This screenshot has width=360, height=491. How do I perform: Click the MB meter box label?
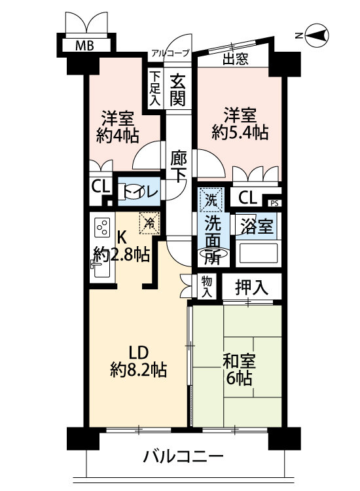coord(84,46)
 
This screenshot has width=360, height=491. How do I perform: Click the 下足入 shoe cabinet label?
coord(154,88)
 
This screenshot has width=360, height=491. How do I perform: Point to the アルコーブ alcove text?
coord(171,52)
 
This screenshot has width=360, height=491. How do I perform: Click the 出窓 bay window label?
coord(236,58)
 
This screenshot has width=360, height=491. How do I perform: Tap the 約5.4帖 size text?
coord(240,132)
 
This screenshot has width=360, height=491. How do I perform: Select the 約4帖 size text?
coord(117,136)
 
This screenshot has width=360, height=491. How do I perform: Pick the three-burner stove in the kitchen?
coord(102,227)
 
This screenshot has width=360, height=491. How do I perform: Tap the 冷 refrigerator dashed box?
coord(149,223)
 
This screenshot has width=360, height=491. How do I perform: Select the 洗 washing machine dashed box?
coord(211,199)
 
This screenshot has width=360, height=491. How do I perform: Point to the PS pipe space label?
coord(274,204)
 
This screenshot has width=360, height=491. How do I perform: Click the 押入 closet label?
coord(252,287)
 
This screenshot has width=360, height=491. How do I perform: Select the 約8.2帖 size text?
coord(138,370)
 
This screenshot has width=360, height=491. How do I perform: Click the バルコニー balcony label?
coord(183,456)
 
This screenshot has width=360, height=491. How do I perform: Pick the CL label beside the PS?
coord(247,197)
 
